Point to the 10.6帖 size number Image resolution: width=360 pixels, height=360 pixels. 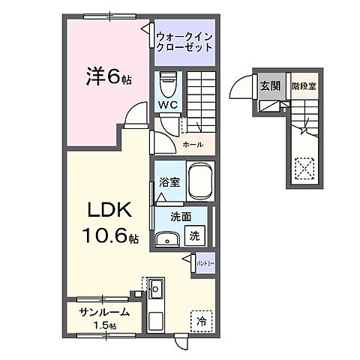[110, 238]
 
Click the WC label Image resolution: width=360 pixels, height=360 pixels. [166, 106]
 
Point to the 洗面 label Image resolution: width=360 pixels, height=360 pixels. [169, 217]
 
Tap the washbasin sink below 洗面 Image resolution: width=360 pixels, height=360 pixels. [167, 238]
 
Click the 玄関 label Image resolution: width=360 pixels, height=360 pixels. [270, 87]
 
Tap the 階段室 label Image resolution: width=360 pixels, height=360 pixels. [304, 87]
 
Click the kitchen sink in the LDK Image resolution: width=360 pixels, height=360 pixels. [157, 288]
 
